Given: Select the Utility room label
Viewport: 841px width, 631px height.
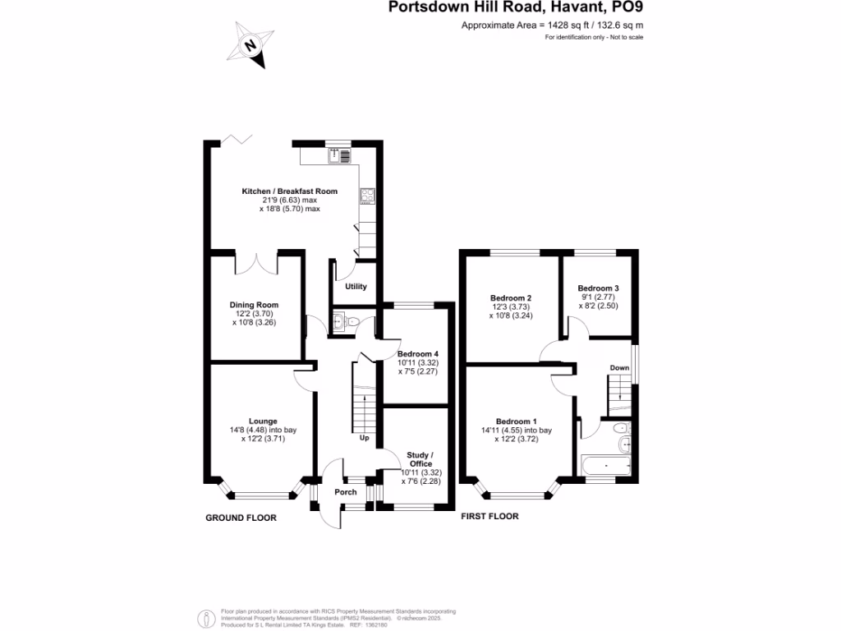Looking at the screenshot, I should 356,287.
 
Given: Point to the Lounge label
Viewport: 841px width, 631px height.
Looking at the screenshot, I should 263,421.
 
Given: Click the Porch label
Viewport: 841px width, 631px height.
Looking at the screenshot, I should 346,492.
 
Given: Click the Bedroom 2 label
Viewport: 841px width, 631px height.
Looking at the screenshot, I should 511,298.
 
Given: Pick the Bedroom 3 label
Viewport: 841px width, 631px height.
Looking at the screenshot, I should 598,288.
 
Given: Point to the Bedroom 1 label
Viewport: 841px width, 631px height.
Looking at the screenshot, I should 516,421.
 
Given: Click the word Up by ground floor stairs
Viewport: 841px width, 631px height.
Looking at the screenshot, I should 365,438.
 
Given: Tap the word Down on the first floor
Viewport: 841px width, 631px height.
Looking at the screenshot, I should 619,368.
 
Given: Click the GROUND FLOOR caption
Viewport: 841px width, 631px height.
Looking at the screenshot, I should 241,518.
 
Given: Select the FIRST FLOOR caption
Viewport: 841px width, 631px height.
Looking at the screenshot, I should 490,517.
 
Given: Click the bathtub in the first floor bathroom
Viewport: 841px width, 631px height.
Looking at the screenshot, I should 607,466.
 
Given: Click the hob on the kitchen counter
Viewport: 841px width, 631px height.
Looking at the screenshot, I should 366,196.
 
